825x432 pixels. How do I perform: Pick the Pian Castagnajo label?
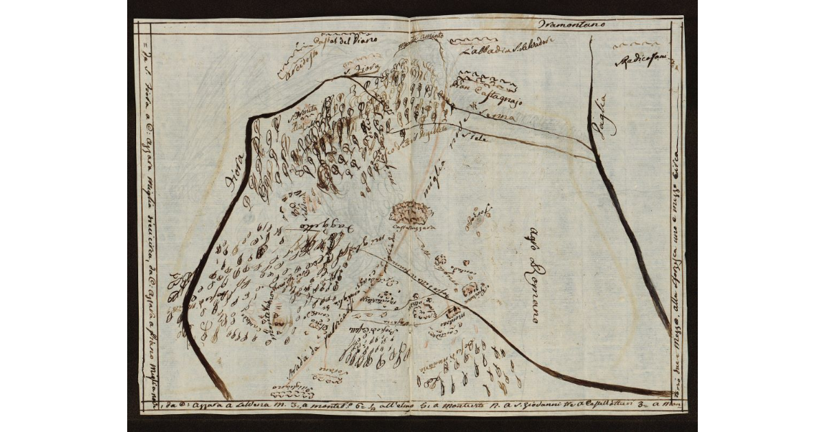point(483,89)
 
